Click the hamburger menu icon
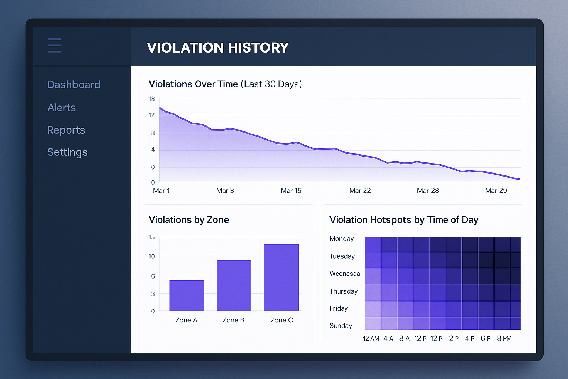54,46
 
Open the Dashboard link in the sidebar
74,85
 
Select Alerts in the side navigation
61,108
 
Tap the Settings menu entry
67,152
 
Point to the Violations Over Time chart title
225,84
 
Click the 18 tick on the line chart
152,99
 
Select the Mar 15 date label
291,191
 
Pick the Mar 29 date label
496,191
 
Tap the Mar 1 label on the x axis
161,191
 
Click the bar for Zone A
187,295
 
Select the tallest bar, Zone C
281,277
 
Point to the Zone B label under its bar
233,320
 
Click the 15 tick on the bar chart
151,237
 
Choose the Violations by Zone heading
189,220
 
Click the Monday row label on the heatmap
341,239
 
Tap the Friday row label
338,308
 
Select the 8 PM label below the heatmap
504,338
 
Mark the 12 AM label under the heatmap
371,338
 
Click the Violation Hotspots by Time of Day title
403,220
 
